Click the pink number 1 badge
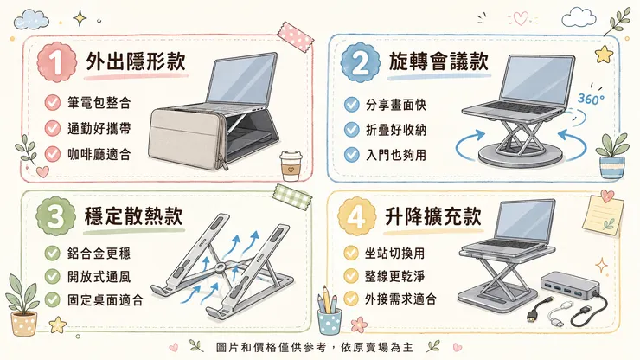(57, 62)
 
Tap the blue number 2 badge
(361, 62)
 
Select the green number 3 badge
(56, 215)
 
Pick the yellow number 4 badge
(357, 216)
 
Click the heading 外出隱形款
(136, 61)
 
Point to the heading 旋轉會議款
(438, 61)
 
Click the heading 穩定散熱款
(133, 215)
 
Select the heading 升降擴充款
(433, 215)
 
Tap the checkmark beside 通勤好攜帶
(53, 128)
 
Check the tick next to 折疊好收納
(351, 130)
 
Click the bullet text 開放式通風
(99, 277)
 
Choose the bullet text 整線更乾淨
(394, 276)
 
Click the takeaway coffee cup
(291, 166)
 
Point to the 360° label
(591, 99)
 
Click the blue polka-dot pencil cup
(330, 321)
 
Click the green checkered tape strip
(292, 196)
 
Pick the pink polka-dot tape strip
(296, 36)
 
